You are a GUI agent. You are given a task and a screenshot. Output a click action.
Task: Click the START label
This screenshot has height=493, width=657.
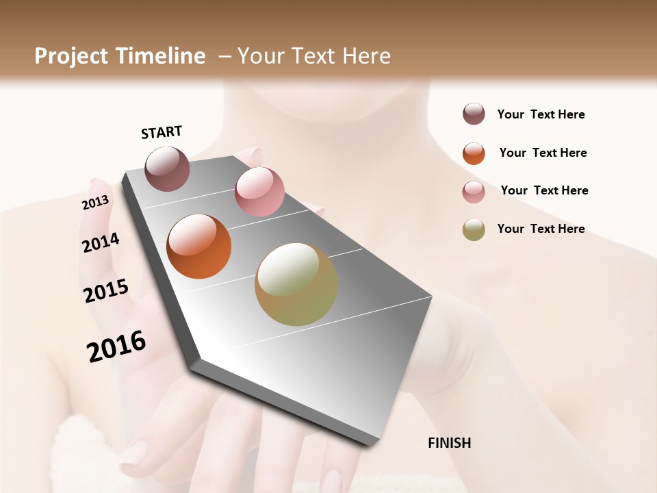(x=162, y=132)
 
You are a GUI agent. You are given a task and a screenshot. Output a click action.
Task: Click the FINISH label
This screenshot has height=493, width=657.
(x=449, y=443)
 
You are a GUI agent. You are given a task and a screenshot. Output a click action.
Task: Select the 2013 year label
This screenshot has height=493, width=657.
(x=95, y=203)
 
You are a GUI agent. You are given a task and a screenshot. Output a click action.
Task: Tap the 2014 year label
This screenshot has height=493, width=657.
(x=101, y=242)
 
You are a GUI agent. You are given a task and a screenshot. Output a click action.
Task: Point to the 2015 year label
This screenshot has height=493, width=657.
(x=106, y=291)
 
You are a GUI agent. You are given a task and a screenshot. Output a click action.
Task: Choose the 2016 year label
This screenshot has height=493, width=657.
(x=116, y=346)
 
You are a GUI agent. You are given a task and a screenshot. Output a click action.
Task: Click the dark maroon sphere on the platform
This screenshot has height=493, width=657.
(x=167, y=168)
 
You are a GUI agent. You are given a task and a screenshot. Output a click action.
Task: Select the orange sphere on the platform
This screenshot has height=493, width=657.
(x=198, y=246)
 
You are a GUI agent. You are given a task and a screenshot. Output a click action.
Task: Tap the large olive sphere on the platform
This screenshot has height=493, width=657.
(x=296, y=284)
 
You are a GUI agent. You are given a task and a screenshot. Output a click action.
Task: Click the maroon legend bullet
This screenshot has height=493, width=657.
(x=474, y=114)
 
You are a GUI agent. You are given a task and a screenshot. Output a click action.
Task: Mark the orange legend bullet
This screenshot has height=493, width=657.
(x=474, y=153)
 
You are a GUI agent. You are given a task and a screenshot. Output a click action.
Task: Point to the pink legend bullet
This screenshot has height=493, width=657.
(x=474, y=192)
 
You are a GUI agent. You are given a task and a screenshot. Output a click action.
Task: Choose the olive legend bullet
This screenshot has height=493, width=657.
(x=474, y=229)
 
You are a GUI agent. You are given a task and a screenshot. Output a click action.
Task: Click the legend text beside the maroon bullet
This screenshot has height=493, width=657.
(x=541, y=115)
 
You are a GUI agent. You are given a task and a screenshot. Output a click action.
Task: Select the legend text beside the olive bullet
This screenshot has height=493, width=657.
(x=541, y=229)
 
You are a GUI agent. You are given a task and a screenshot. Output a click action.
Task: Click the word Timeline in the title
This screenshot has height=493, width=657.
(x=161, y=56)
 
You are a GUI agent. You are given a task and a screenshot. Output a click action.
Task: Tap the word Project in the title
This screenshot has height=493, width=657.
(x=72, y=56)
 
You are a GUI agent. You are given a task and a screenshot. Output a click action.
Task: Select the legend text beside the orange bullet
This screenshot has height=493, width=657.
(x=543, y=153)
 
